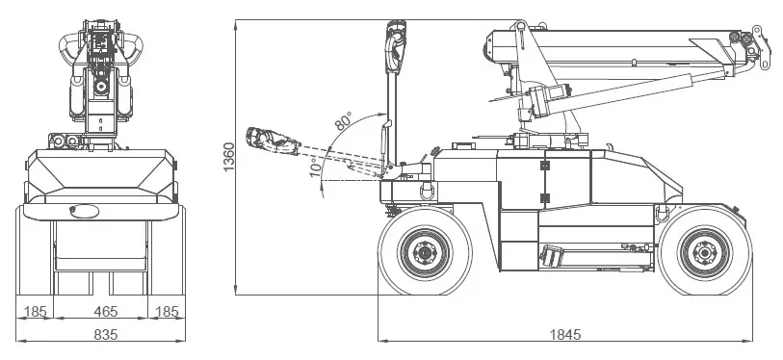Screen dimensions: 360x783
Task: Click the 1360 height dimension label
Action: tap(228, 158)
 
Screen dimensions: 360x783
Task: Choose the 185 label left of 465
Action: tap(35, 311)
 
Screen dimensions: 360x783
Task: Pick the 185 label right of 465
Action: tap(168, 311)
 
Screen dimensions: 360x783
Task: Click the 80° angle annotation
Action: tap(343, 123)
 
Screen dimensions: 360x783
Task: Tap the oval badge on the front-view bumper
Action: tap(83, 211)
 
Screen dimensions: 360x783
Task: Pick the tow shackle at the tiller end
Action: tap(421, 191)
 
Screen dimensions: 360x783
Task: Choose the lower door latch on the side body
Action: tap(544, 198)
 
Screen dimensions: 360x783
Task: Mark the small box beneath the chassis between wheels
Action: tap(552, 256)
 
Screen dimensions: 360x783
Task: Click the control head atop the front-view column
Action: tap(100, 48)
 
